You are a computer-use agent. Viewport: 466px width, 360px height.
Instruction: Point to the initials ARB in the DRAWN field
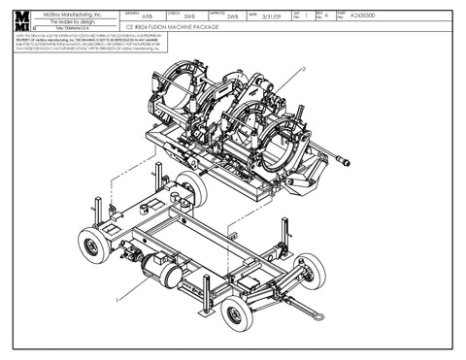click(147, 16)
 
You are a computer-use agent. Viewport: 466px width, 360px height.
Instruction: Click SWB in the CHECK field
click(189, 16)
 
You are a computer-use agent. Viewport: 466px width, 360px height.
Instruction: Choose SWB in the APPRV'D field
click(232, 16)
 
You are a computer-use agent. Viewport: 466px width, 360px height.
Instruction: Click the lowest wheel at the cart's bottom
click(236, 313)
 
